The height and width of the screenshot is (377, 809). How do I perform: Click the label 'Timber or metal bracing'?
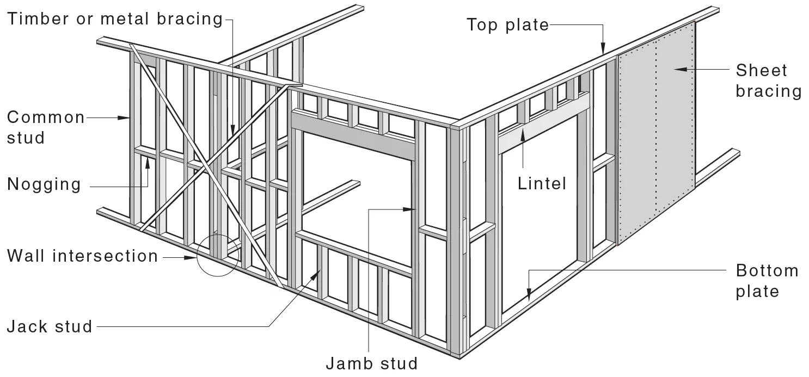point(115,19)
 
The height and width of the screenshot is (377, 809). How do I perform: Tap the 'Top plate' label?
point(508,24)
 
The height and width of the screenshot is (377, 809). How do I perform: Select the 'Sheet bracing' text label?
point(768,81)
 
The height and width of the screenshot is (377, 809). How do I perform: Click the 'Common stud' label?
point(46,127)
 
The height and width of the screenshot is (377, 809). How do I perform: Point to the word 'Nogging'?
point(44,184)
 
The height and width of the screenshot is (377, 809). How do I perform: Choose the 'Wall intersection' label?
point(82,256)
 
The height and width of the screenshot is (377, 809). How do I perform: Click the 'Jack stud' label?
point(50,327)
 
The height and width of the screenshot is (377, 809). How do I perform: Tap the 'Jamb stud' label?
point(371,363)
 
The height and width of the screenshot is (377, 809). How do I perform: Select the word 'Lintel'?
point(541,183)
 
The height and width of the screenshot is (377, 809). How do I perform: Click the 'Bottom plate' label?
point(767,281)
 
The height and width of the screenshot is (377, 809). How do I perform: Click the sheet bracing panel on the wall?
point(656,136)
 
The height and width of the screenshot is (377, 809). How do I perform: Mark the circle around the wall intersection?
point(218,254)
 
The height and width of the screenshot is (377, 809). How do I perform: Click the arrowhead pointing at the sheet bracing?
point(677,69)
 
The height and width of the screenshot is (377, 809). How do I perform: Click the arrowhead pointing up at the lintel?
point(523,138)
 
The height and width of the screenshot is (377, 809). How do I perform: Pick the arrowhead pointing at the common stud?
point(126,117)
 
